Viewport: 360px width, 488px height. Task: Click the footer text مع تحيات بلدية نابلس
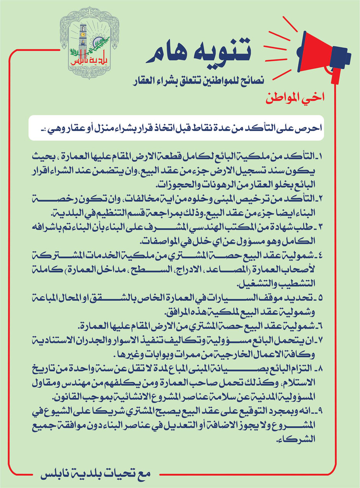[96, 473]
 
